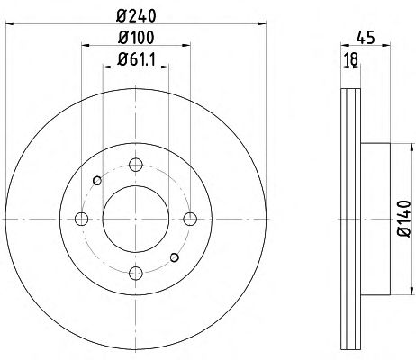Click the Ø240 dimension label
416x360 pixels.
136,16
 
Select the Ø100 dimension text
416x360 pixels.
136,38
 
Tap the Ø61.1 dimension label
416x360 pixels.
136,59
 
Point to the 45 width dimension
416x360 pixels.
366,38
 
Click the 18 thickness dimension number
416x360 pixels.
350,59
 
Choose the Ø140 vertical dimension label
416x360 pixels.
403,219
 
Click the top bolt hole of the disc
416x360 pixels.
136,165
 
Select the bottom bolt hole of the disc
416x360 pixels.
136,273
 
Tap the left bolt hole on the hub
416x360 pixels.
81,219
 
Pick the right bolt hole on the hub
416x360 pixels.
190,219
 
